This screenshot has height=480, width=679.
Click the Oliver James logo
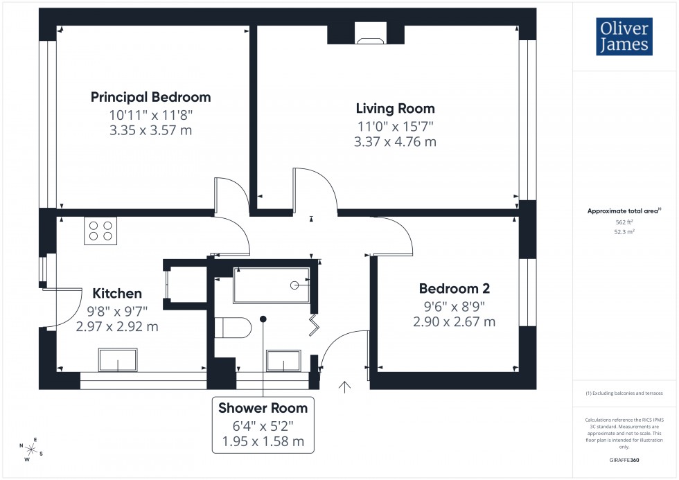tap(624, 36)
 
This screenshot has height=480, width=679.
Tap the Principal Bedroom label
tap(151, 97)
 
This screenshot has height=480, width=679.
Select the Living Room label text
tap(395, 109)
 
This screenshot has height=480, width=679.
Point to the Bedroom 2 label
tap(449, 289)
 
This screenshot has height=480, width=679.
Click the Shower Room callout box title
tap(263, 408)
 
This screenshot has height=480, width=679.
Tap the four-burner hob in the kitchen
tap(99, 231)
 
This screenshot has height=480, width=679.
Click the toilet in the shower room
tap(231, 327)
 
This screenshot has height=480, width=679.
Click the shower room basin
tap(284, 361)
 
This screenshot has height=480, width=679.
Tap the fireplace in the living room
tap(369, 33)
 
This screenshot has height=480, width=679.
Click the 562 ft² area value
tap(624, 222)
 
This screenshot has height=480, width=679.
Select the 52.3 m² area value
tap(624, 233)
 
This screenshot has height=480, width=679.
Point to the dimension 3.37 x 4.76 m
tap(395, 142)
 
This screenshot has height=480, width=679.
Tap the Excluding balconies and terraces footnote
tap(624, 393)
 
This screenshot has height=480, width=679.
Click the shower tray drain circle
tap(294, 285)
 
